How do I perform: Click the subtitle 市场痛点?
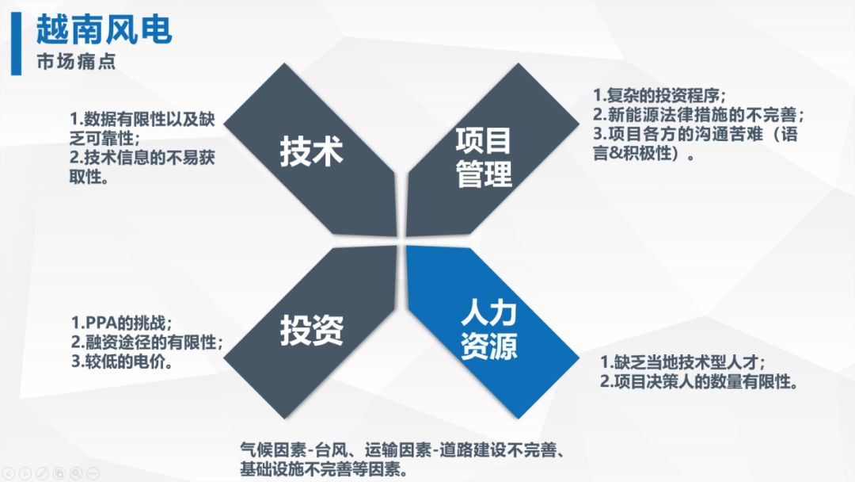[x=76, y=62]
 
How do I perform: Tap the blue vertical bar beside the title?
[x=17, y=44]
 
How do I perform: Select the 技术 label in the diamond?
[x=311, y=151]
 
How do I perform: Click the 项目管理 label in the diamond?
[x=484, y=157]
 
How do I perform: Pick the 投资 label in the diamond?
[x=312, y=331]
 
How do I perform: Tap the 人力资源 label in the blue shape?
[x=488, y=331]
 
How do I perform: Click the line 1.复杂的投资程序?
[x=659, y=96]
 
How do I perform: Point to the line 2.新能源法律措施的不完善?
[x=698, y=115]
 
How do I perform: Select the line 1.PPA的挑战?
[x=122, y=323]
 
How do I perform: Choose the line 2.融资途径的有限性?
[x=147, y=342]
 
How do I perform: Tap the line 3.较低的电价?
[x=122, y=361]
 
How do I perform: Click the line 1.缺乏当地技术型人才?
[x=682, y=362]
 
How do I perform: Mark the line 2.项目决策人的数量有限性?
[x=699, y=381]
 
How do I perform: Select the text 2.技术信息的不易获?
[x=142, y=158]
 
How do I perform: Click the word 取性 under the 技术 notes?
[x=85, y=177]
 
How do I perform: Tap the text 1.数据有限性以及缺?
[x=142, y=119]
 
